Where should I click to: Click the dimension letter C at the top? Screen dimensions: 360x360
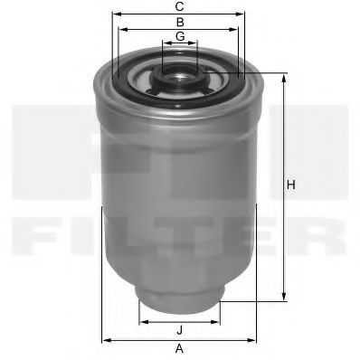pyautogui.click(x=180, y=6)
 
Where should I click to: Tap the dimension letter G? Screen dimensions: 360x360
pyautogui.click(x=180, y=36)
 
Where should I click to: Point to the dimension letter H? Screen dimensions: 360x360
pyautogui.click(x=290, y=185)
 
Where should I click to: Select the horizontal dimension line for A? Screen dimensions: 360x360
pyautogui.click(x=179, y=339)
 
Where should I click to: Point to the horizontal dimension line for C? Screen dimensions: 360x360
pyautogui.click(x=180, y=14)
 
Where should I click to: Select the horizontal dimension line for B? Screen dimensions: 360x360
pyautogui.click(x=180, y=29)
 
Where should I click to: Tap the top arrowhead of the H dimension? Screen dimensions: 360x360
pyautogui.click(x=284, y=77)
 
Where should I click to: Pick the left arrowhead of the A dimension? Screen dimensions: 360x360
pyautogui.click(x=105, y=339)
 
